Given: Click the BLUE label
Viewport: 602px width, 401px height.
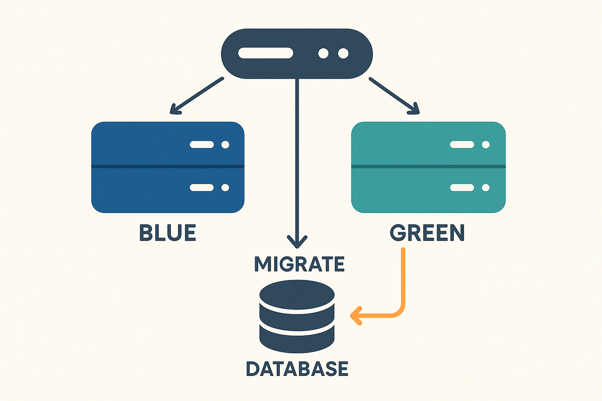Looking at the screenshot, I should [x=168, y=233].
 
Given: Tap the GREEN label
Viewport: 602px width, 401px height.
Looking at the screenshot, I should [x=427, y=233].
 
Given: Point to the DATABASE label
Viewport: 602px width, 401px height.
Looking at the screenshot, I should [x=297, y=369].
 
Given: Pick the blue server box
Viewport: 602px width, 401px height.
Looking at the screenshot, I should [x=168, y=167].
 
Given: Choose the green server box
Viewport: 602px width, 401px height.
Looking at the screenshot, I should [x=428, y=167].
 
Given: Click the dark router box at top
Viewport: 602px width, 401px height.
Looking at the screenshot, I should [x=297, y=54].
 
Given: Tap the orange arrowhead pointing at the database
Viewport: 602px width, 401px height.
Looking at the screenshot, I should [x=355, y=316].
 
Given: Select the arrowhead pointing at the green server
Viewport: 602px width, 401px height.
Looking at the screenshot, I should [x=414, y=109].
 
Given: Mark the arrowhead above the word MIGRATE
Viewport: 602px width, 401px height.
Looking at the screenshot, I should [x=297, y=241].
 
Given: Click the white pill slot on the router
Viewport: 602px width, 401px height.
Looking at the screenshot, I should [x=266, y=53].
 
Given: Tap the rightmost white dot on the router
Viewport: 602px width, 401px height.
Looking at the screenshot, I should [x=343, y=53].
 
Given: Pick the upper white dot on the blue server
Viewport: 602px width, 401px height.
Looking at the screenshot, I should [x=225, y=145].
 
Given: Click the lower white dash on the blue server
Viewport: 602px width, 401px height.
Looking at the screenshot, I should [x=201, y=188].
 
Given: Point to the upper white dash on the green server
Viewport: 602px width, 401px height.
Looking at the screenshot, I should [x=462, y=145].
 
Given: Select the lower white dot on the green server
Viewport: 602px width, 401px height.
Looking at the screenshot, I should [x=486, y=188].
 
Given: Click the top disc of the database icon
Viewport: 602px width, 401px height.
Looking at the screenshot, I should [x=297, y=294].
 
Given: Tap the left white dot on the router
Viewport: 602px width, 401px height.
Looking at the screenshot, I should [x=323, y=53].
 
